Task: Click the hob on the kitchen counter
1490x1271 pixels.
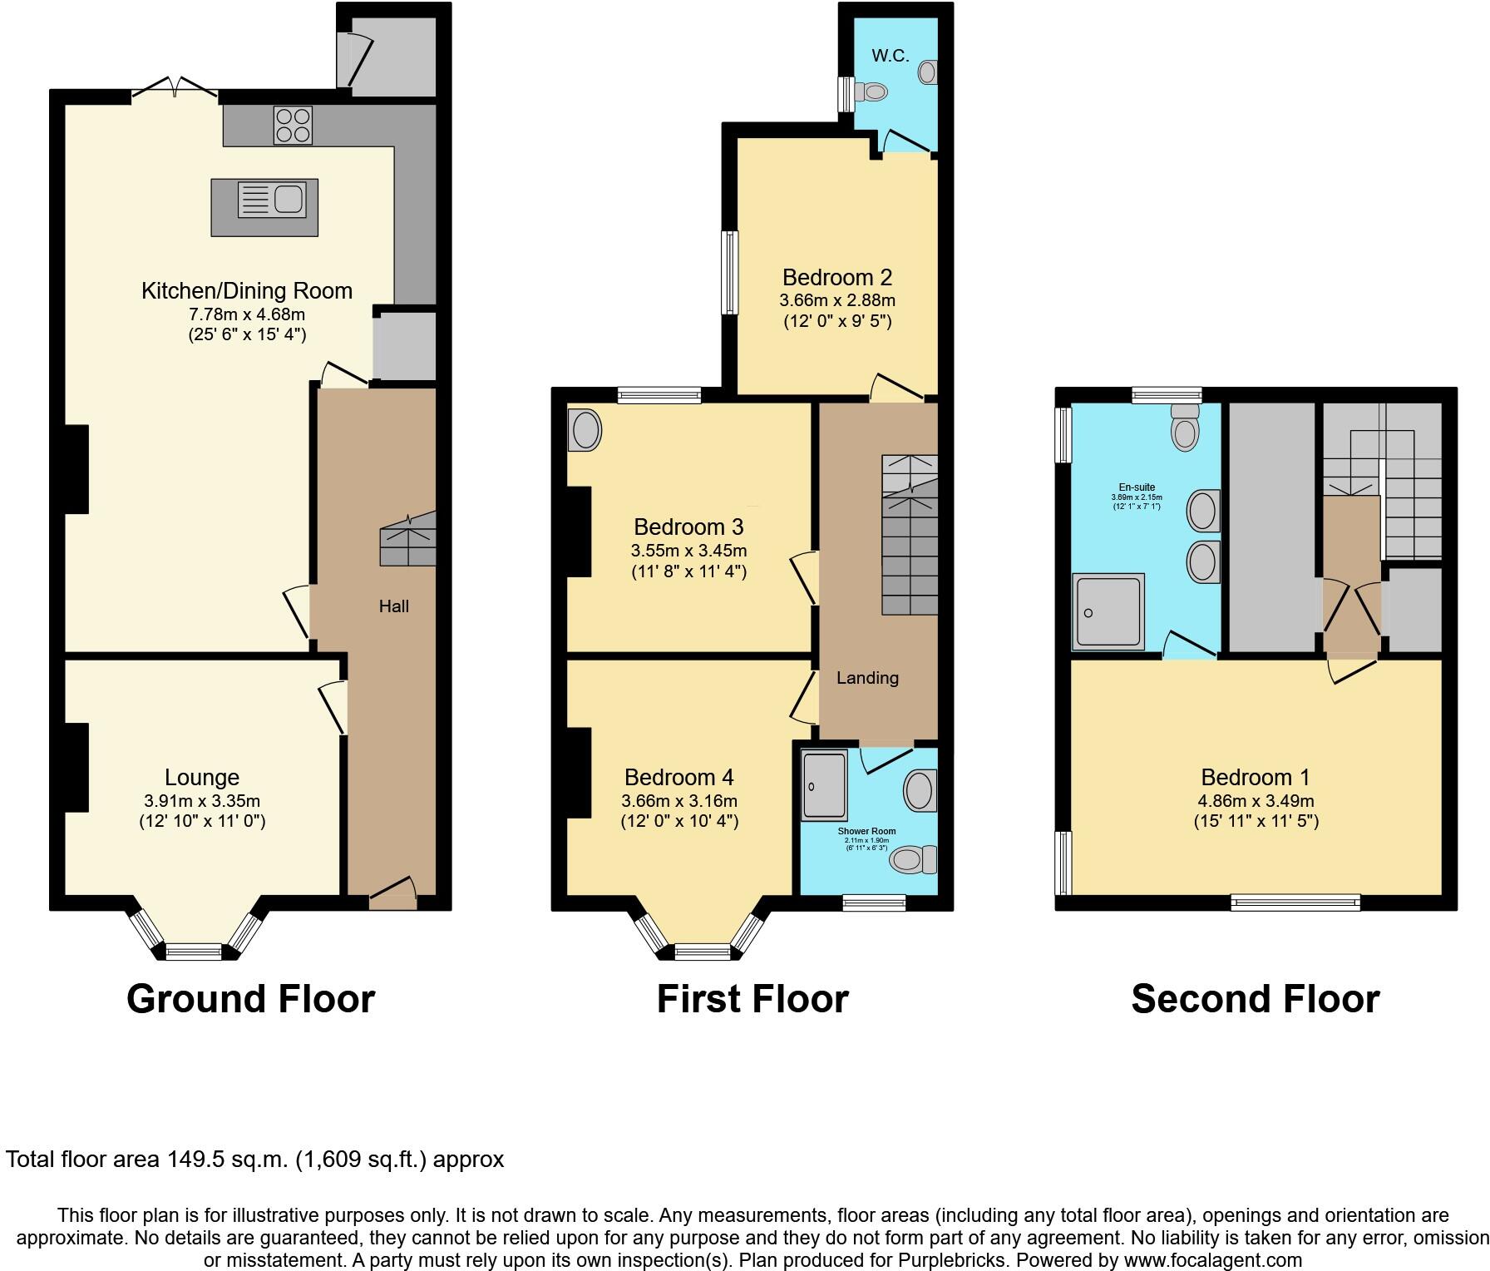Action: pos(293,125)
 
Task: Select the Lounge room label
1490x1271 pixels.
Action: pos(202,777)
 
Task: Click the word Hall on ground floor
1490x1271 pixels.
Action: pos(393,606)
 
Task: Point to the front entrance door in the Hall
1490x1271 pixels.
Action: pos(392,891)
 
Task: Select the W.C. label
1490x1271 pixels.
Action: pos(890,56)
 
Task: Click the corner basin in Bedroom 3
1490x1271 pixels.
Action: pos(585,430)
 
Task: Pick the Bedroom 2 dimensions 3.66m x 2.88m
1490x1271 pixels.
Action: pos(836,300)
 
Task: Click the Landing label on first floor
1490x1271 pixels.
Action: pos(866,678)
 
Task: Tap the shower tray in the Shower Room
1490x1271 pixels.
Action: pos(823,784)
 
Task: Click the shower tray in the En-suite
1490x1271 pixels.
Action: pos(1108,611)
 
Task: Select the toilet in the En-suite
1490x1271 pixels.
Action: pos(1184,428)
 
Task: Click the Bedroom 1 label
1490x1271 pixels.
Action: pos(1255,777)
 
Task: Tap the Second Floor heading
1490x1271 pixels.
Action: pos(1255,998)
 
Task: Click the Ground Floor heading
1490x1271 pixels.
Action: pos(250,998)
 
